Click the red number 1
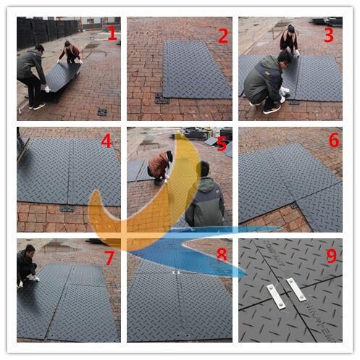coord(112,33)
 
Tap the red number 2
coord(223,36)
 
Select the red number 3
coord(329,35)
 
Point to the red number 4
coord(106,141)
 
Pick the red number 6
coord(335,140)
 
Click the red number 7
coord(109,258)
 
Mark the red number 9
coord(332,256)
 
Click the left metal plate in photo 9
coord(276,297)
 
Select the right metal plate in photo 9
coord(296,290)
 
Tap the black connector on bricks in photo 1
coord(102,112)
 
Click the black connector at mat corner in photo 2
coord(161,99)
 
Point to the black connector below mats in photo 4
coord(67,208)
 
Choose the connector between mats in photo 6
coord(294,206)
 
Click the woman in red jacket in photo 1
coord(70,52)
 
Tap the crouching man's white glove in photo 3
coord(284,91)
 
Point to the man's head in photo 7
coord(30,249)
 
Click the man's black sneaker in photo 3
coord(272,109)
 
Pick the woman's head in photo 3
coord(290,28)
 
